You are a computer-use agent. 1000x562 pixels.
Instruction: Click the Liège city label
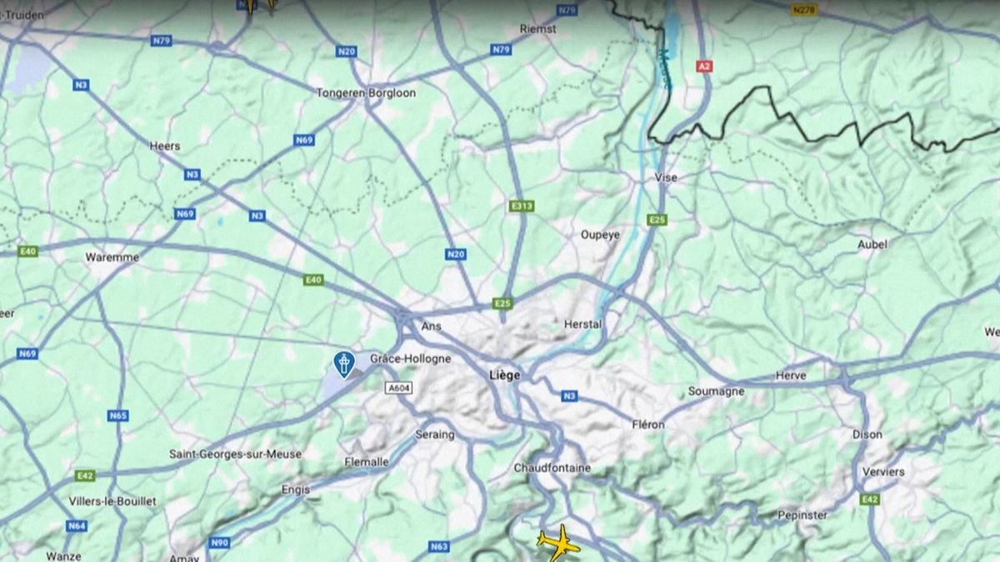(505, 375)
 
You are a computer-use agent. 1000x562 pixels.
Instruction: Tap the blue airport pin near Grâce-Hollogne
(343, 363)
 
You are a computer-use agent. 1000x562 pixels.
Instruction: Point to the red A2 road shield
(704, 66)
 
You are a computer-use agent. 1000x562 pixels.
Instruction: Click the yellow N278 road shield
(804, 10)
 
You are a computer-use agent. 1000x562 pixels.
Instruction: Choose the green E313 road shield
(521, 206)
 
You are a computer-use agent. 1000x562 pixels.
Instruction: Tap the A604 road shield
(399, 388)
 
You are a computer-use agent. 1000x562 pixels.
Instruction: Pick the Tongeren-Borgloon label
(366, 93)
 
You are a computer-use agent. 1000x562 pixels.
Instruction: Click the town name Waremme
(112, 257)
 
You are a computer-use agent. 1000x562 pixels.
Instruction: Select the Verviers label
(883, 471)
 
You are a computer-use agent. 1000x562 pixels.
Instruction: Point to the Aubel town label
(872, 245)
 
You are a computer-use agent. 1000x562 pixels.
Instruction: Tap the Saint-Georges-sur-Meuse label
(235, 454)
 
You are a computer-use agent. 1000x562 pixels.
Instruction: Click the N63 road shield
(439, 546)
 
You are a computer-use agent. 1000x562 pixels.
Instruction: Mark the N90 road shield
(219, 543)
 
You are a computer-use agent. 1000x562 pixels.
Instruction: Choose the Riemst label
(537, 28)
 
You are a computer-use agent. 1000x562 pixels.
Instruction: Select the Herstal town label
(583, 324)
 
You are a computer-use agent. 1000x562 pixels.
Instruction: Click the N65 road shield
(118, 415)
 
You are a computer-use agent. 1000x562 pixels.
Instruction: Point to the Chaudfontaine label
(552, 468)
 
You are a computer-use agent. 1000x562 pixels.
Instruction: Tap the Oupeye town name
(600, 235)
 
